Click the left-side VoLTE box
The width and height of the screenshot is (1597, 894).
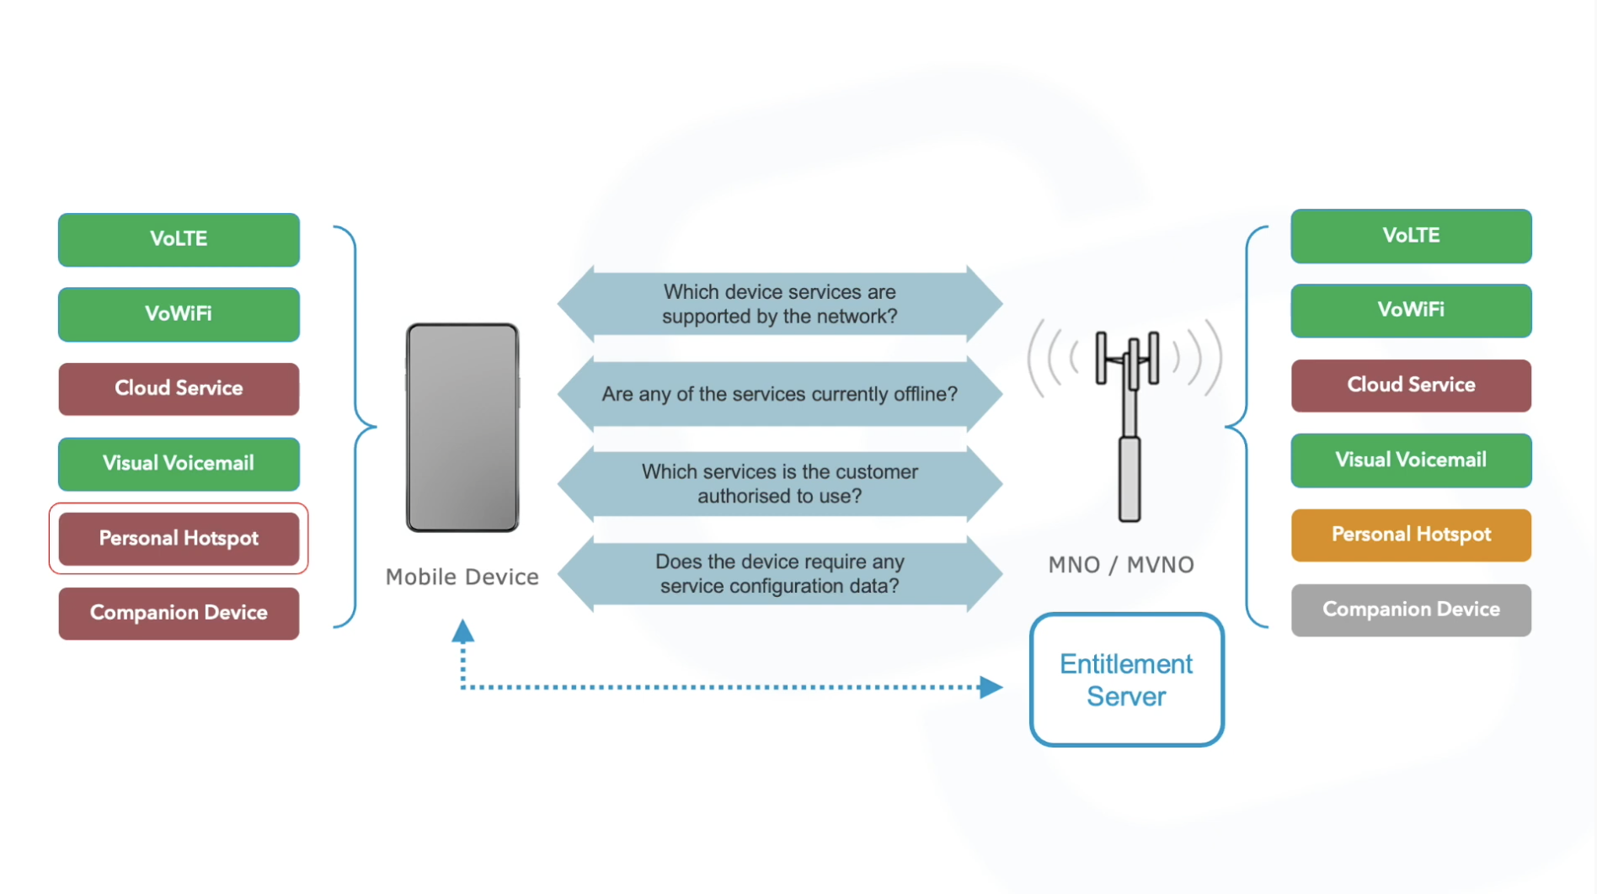point(179,239)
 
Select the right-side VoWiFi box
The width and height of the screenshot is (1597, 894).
point(1411,310)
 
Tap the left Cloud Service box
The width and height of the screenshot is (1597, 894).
point(179,388)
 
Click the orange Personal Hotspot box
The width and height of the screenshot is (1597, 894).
point(1411,535)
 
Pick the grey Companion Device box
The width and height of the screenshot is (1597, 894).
point(1411,609)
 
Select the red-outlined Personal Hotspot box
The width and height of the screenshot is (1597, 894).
point(179,539)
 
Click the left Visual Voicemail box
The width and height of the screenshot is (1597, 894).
point(179,463)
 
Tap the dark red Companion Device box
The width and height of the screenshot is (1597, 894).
point(179,613)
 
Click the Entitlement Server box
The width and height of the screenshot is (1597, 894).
point(1126,679)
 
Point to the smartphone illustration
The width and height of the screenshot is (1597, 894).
point(462,428)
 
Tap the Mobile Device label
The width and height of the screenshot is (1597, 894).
point(462,577)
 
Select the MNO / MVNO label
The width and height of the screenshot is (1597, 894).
point(1121,565)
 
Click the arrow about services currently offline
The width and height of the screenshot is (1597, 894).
point(779,394)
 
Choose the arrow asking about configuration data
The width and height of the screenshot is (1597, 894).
point(779,573)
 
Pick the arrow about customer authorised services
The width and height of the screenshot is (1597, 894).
point(779,483)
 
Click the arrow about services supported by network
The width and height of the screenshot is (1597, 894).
point(779,304)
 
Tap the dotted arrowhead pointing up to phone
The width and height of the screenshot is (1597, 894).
point(462,632)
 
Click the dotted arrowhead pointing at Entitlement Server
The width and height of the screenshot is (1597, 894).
point(991,688)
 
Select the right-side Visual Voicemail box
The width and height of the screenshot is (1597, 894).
point(1411,460)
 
